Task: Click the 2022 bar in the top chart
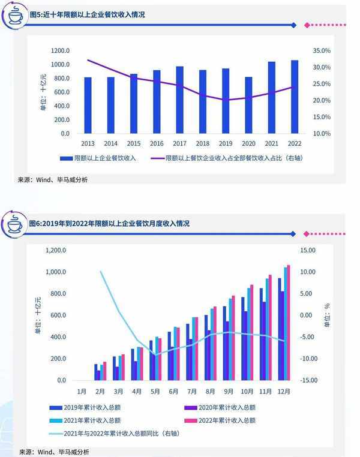click(294, 97)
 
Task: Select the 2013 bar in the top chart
click(88, 105)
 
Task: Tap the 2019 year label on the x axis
click(225, 144)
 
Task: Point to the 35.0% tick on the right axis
click(322, 51)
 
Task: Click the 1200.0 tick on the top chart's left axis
click(60, 51)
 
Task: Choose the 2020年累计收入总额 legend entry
click(222, 408)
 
